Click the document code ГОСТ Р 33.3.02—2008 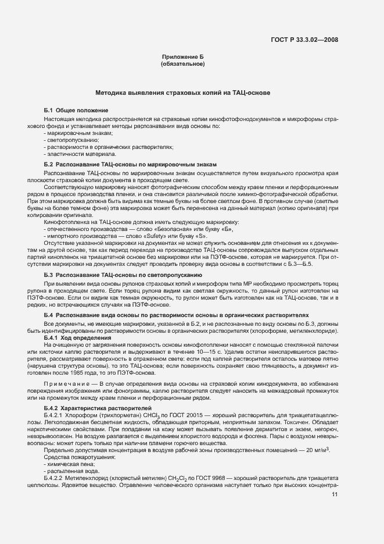(x=304, y=40)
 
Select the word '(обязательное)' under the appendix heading (x=183, y=64)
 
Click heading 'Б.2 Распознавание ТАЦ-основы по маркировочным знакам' (x=130, y=165)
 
